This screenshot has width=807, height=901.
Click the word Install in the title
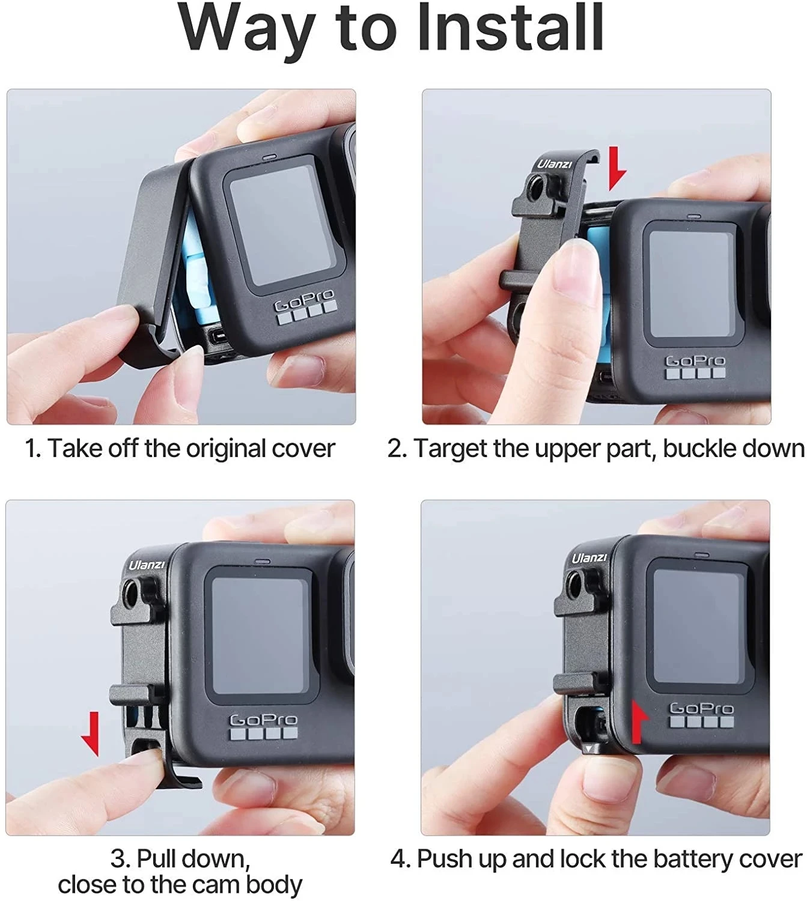(x=510, y=28)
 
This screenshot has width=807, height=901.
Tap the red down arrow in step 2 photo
(x=617, y=168)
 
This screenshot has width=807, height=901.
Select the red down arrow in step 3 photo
(x=91, y=733)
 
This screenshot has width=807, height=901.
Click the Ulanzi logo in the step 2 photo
(x=554, y=164)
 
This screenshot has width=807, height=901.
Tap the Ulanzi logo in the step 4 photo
(x=589, y=558)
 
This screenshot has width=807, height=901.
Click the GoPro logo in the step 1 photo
(x=305, y=300)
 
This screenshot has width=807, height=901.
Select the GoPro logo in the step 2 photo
(x=695, y=360)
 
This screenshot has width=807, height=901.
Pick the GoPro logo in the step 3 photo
(x=263, y=720)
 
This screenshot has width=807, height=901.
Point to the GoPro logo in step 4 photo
(x=701, y=708)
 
